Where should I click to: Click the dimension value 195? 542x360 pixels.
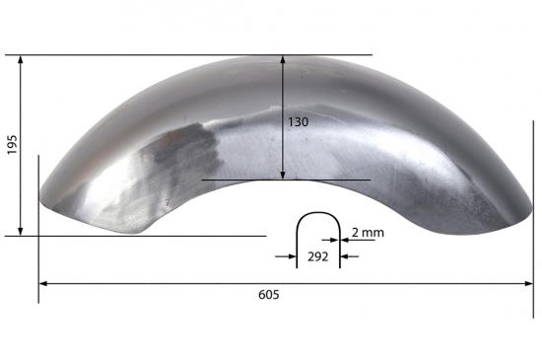pos(12,144)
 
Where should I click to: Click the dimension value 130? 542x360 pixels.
pos(299,122)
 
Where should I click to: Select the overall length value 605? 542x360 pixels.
pos(269,295)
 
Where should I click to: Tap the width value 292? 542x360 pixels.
pos(318,256)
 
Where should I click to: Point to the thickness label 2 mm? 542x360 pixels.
pos(367,233)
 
